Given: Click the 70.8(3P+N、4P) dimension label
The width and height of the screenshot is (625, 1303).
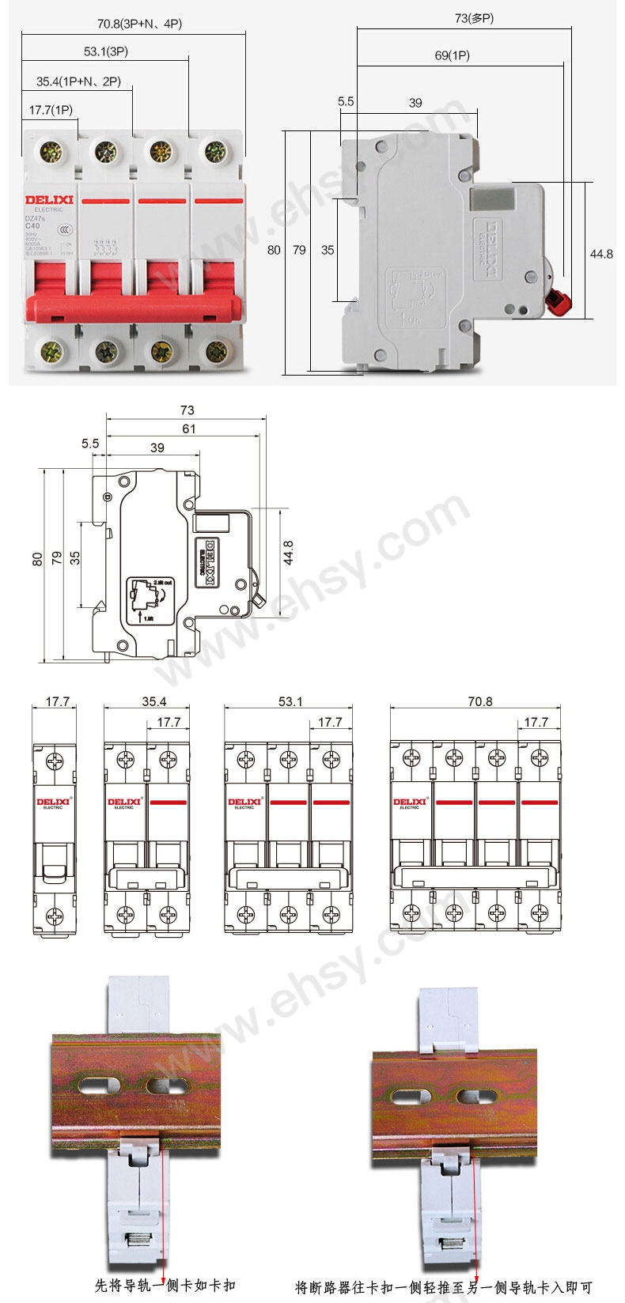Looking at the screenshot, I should pos(139,24).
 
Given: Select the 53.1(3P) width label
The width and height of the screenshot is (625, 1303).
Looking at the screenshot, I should pos(106,52).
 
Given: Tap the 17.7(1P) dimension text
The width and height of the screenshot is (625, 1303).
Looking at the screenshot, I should pos(51,110).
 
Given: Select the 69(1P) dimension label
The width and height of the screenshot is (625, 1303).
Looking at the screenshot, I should pos(453,55).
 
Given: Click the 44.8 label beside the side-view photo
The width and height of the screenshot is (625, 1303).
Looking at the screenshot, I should pos(601,254).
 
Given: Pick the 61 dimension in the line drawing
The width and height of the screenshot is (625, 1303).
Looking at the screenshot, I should pos(187,429).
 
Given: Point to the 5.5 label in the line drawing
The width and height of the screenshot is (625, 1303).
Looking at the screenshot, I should pos(90,444).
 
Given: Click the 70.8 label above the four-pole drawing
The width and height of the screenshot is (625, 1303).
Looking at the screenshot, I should pos(479,701).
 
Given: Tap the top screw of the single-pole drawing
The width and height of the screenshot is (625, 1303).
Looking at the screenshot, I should pos(54,761).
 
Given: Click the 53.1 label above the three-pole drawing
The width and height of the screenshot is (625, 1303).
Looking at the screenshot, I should pos(290,701).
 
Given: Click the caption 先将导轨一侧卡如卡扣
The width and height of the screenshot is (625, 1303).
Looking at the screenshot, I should pos(165,1286).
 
